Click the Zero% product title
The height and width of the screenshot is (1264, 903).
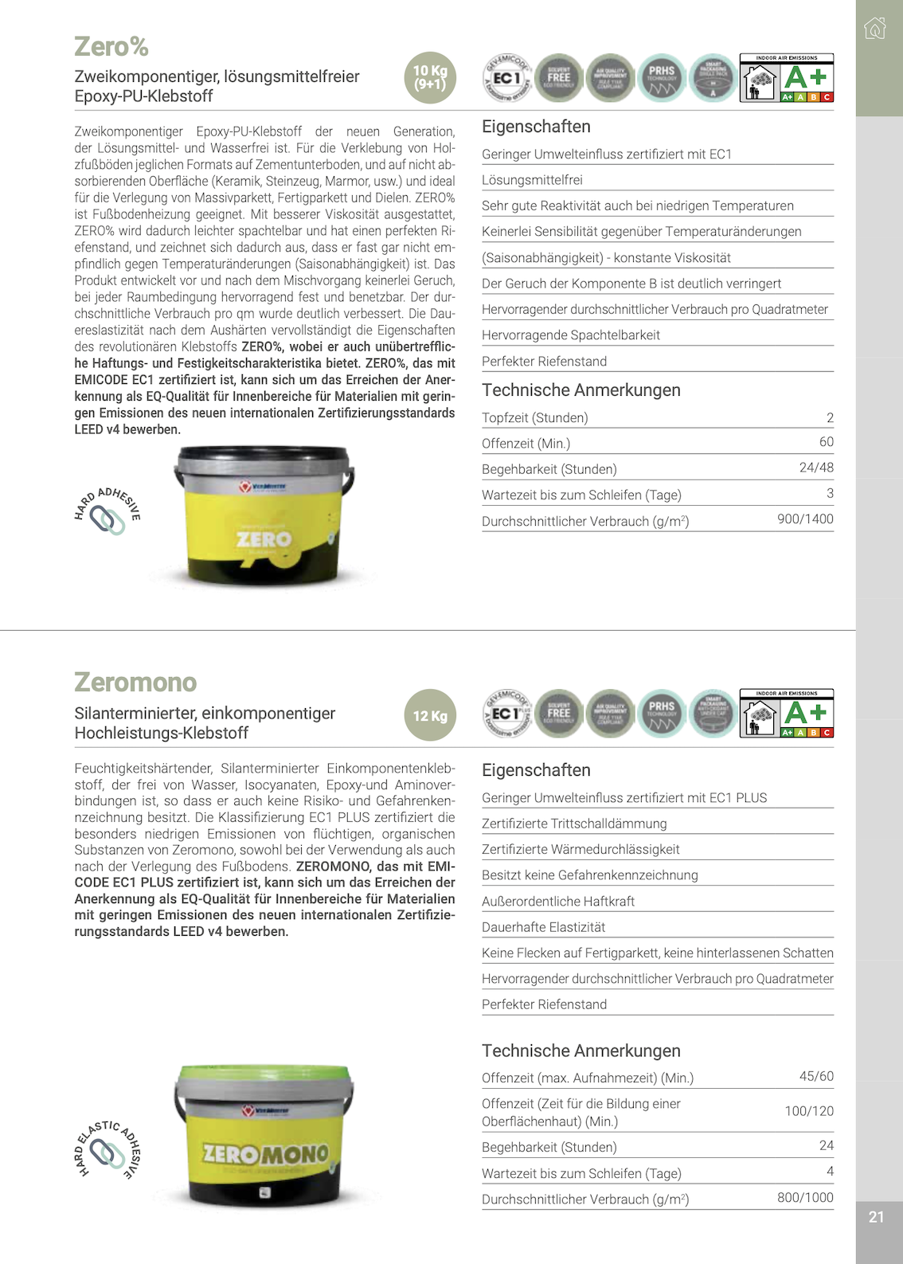111,47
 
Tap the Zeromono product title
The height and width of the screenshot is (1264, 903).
135,683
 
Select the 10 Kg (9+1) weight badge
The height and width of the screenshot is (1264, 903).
430,77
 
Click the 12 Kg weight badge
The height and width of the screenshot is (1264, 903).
430,715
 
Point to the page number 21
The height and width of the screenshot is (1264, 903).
876,1217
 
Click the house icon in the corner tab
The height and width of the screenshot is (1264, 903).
874,29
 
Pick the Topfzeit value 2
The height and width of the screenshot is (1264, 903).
830,417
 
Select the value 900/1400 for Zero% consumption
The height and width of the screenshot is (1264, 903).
805,519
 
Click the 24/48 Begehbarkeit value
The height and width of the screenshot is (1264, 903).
816,468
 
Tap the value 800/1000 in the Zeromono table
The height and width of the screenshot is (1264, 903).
805,1197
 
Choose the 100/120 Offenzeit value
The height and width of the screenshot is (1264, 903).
809,1111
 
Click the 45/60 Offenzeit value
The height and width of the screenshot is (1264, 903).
816,1076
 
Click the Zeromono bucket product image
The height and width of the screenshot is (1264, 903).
264,1134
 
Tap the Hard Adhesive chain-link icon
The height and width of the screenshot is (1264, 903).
107,512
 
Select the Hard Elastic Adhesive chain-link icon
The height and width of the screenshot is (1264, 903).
107,1151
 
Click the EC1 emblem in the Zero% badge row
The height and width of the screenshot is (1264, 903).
507,78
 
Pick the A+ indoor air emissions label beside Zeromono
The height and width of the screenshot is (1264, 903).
786,714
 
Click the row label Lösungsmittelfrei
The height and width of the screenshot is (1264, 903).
532,180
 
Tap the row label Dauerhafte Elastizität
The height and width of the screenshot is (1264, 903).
543,927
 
